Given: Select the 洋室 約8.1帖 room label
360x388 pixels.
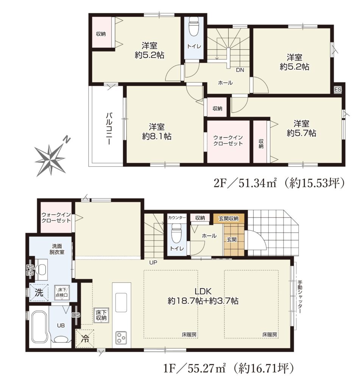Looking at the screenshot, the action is coord(157,131).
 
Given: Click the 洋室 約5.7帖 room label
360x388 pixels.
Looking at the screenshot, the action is coord(301,128).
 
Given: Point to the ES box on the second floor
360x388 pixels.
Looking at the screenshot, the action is coord(338,89).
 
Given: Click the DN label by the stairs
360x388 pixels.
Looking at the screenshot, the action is coord(240,70).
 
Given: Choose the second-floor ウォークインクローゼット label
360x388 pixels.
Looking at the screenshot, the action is coord(228,141).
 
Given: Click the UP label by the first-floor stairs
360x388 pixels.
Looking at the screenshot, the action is coord(153,263).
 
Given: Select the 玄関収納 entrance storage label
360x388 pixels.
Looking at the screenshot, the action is coord(229,219).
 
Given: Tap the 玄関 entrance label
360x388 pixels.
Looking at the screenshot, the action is coord(232,239).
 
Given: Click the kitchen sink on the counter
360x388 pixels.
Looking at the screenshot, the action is coord(121,303).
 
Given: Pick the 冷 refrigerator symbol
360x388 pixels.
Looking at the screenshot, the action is coord(85,339).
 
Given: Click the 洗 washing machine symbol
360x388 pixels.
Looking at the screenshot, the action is coord(39,293).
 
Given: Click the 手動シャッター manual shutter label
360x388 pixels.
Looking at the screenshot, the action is coord(300,297).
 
